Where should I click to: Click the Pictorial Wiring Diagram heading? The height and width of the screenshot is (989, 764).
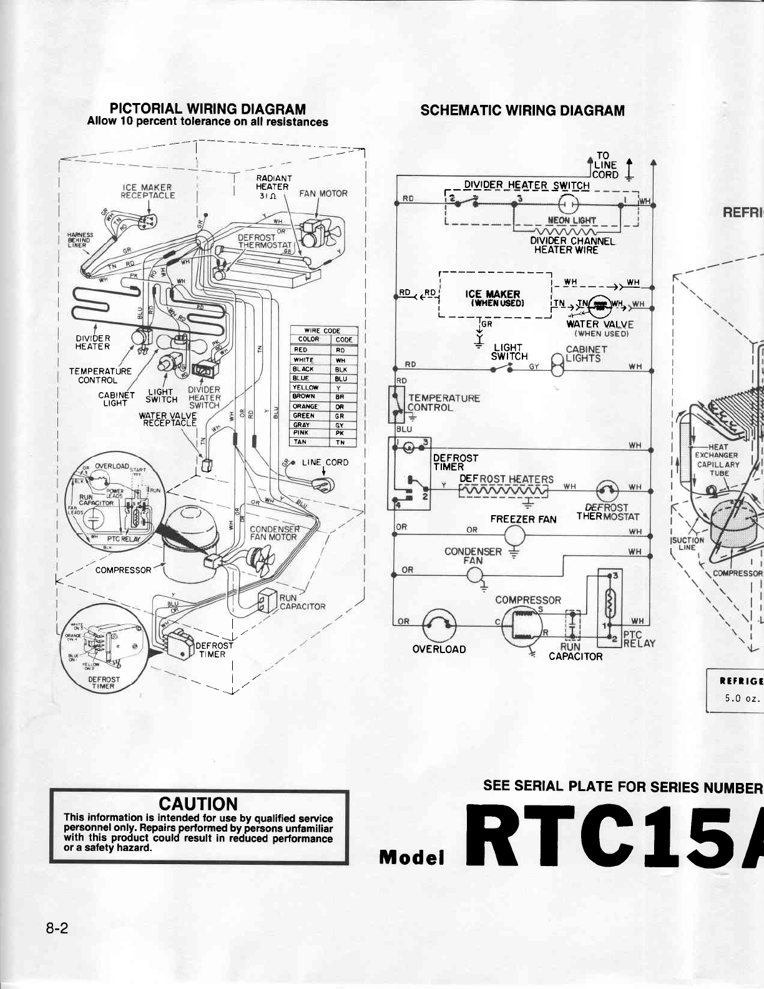coord(208,109)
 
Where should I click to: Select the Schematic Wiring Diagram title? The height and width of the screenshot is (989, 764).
coord(522,111)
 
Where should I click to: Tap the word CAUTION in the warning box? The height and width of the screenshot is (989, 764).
coord(198,804)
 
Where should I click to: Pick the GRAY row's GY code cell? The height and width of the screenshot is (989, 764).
coord(340,425)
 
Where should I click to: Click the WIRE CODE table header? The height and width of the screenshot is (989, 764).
coord(322,330)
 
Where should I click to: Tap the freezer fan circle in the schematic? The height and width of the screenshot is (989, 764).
coord(515,534)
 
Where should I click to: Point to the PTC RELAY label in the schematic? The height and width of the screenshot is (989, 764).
coord(639,639)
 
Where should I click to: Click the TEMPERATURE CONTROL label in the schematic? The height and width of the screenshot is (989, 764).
coord(443,403)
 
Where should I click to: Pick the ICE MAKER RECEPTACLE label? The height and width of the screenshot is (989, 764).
coord(147,191)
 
